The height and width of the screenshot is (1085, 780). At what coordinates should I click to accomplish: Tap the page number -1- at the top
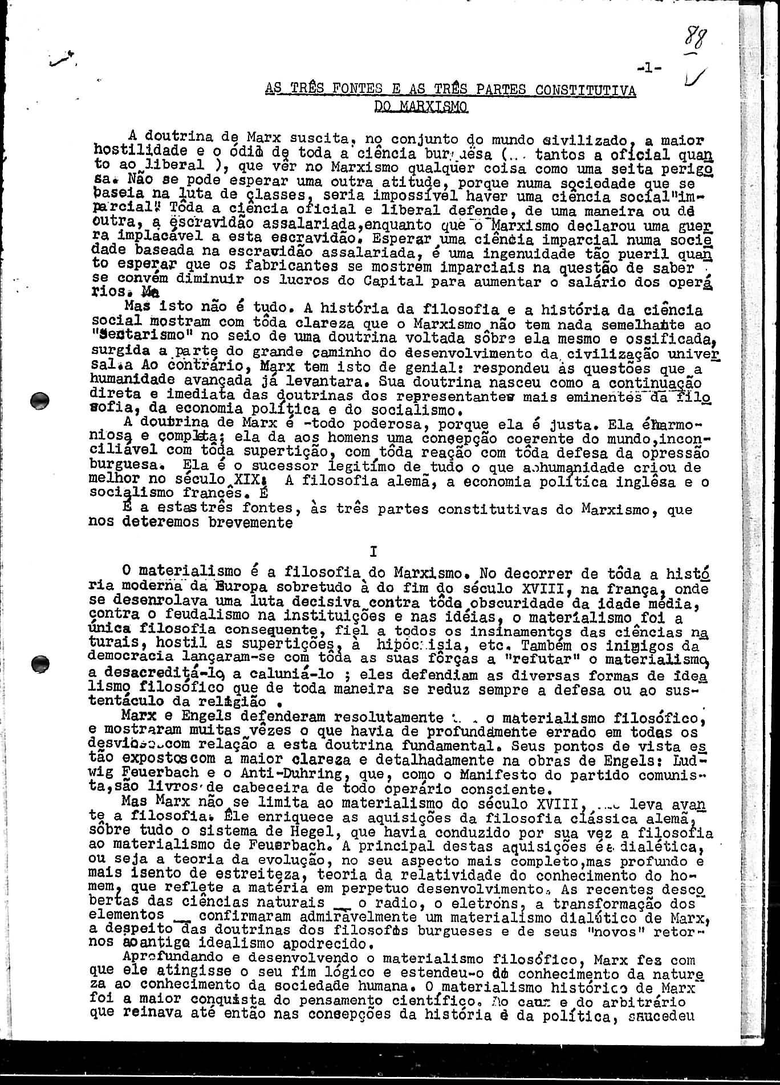(650, 68)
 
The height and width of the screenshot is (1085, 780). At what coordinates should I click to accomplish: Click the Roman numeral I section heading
(373, 551)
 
